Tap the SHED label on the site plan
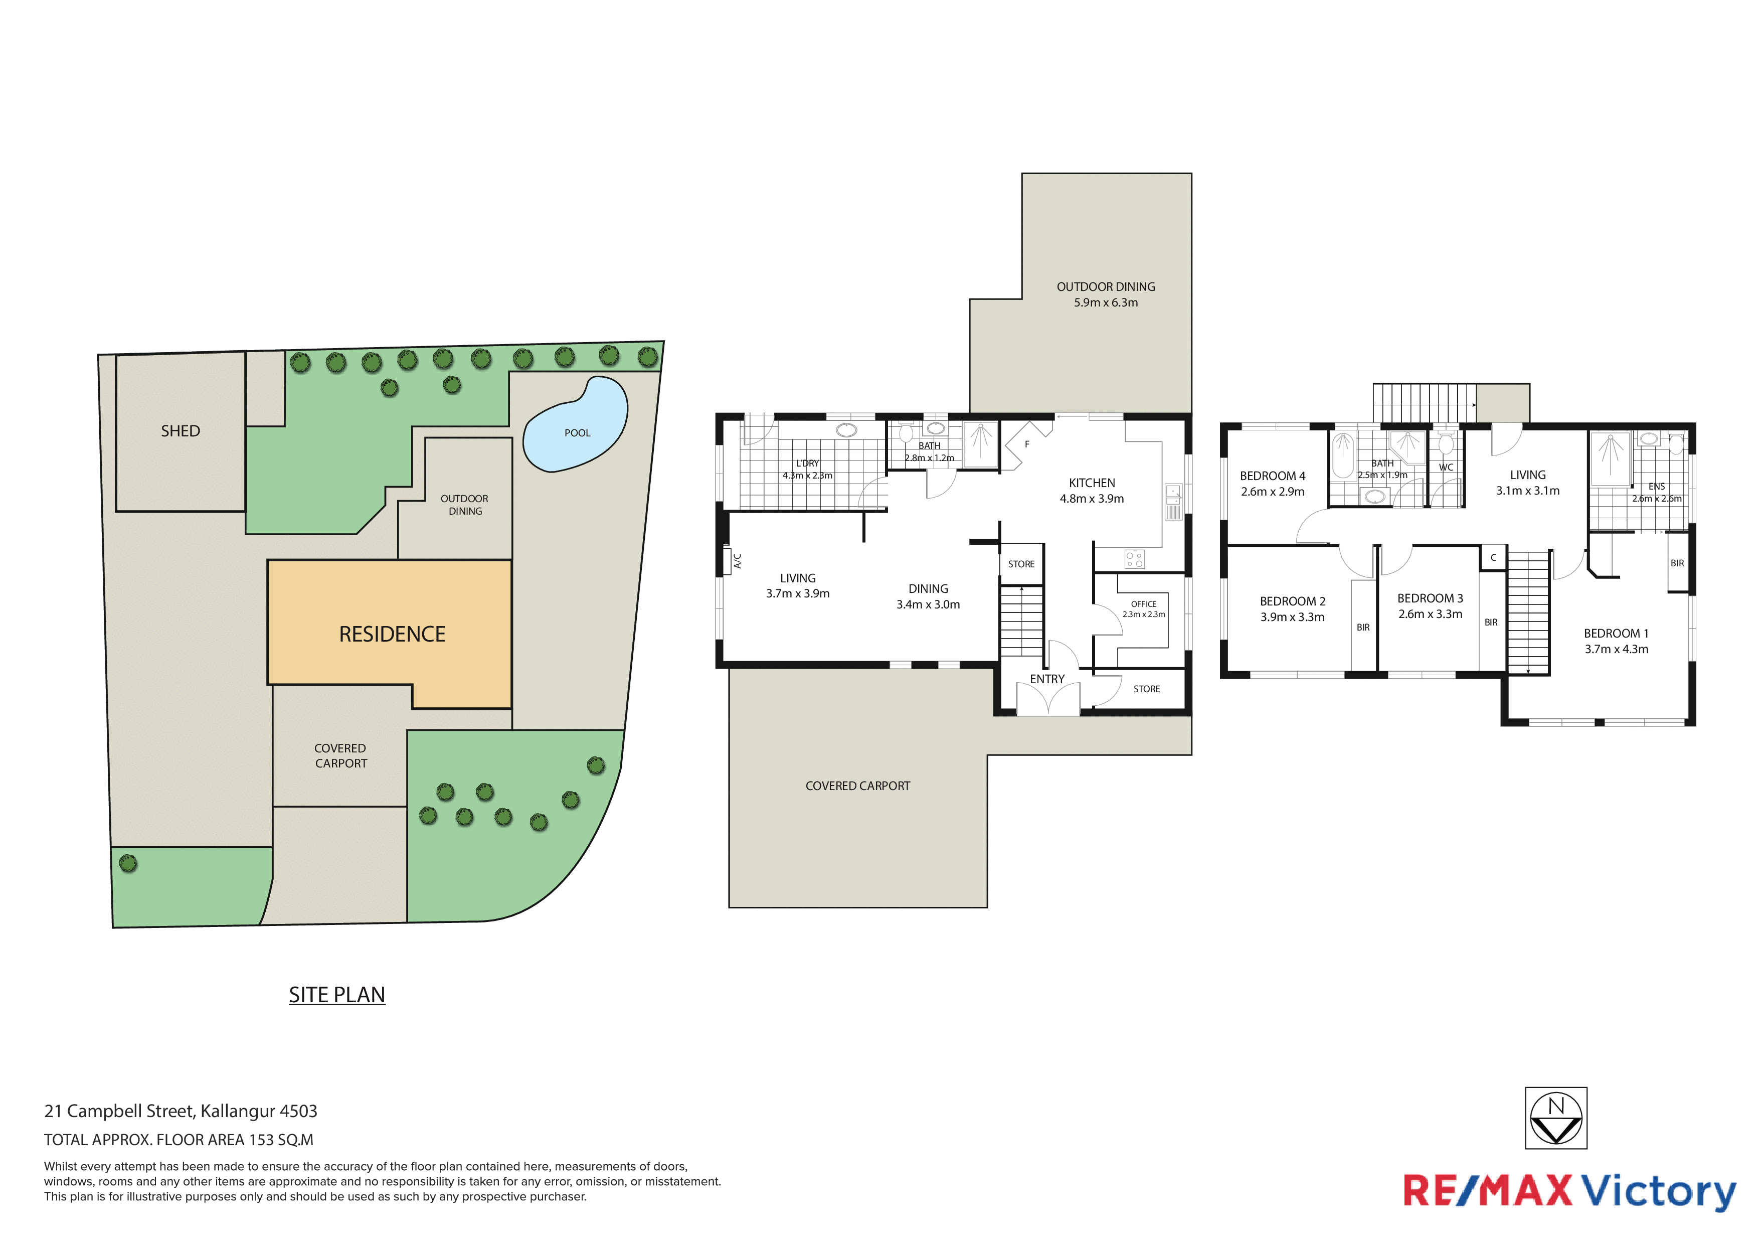pyautogui.click(x=180, y=431)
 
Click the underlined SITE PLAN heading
pyautogui.click(x=337, y=994)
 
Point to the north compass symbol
pyautogui.click(x=1555, y=1118)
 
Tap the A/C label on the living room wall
pyautogui.click(x=737, y=561)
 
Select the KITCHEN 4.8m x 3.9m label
pyautogui.click(x=1092, y=491)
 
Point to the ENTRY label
pyautogui.click(x=1047, y=679)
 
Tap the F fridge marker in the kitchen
pyautogui.click(x=1027, y=444)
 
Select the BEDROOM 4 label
pyautogui.click(x=1273, y=476)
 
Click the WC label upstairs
pyautogui.click(x=1446, y=468)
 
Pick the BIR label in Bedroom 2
pyautogui.click(x=1363, y=628)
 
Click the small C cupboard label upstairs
pyautogui.click(x=1493, y=558)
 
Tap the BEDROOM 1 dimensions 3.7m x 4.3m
pyautogui.click(x=1617, y=649)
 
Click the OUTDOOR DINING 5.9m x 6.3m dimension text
pyautogui.click(x=1106, y=303)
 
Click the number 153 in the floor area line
pyautogui.click(x=261, y=1140)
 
